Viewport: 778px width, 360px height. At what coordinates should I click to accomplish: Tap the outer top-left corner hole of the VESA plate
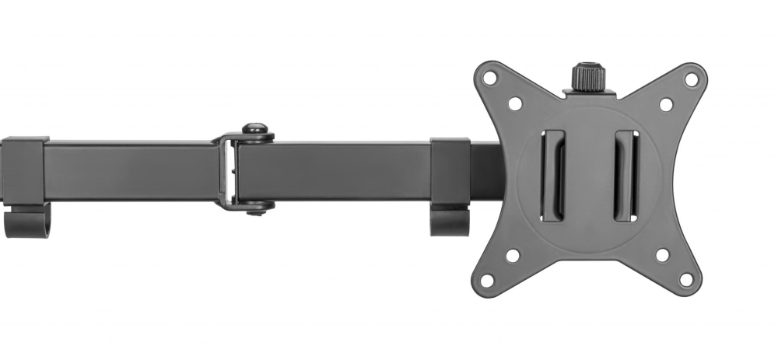489,78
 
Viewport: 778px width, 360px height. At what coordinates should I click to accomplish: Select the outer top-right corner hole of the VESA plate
690,79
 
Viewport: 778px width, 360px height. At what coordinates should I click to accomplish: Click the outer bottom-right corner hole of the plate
686,279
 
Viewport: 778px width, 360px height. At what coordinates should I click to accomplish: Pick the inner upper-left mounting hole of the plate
515,103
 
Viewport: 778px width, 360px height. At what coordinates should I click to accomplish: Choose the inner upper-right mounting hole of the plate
666,104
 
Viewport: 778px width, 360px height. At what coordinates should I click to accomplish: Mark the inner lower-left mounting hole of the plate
512,255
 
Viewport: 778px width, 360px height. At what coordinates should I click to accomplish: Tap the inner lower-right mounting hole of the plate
662,254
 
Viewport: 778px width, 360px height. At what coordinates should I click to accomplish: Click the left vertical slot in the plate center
553,176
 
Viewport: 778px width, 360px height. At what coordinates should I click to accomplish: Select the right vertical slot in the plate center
626,176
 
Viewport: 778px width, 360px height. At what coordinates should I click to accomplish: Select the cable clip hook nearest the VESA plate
450,220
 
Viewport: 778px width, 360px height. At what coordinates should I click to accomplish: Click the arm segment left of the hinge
132,171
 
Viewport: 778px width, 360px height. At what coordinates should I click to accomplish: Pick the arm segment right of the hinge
335,171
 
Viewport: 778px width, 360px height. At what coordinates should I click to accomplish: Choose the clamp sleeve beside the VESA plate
450,171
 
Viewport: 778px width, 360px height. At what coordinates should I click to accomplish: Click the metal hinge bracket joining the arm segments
227,171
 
